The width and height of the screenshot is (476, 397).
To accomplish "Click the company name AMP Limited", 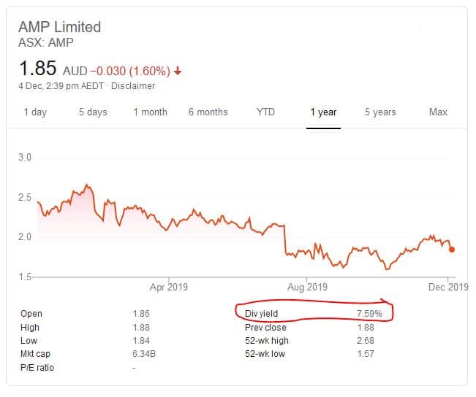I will [59, 27].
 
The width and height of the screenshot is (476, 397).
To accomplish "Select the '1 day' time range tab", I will [35, 112].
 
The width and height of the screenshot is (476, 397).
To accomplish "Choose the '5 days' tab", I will [93, 112].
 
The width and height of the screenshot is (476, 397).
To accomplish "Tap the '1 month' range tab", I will [150, 112].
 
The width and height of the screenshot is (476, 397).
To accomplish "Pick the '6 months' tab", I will [208, 112].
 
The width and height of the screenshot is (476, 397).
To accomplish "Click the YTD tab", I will [265, 112].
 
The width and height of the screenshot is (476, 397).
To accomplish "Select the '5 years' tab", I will [380, 112].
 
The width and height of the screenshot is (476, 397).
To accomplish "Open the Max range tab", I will [438, 112].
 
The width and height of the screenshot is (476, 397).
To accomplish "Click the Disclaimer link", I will [135, 86].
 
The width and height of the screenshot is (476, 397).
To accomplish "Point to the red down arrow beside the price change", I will [178, 71].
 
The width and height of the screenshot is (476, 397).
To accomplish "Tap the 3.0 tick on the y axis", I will [24, 158].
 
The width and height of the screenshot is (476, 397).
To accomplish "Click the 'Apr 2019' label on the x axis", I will [169, 287].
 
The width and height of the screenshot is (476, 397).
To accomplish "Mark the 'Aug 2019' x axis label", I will [306, 287].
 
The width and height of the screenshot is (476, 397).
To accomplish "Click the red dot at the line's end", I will [451, 249].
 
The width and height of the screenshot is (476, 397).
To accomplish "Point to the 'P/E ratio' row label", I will [37, 368].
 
